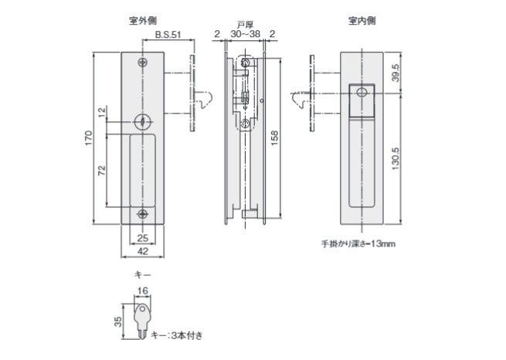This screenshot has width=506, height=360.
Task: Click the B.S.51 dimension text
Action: tap(168, 35)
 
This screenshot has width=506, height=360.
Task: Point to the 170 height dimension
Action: tap(90, 139)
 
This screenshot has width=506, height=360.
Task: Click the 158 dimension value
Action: tap(275, 136)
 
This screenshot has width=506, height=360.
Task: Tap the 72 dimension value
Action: tap(101, 172)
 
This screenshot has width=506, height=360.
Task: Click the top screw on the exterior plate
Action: tap(141, 63)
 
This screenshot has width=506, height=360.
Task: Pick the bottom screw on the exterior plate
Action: tap(141, 214)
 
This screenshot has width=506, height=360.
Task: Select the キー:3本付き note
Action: tap(177, 335)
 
